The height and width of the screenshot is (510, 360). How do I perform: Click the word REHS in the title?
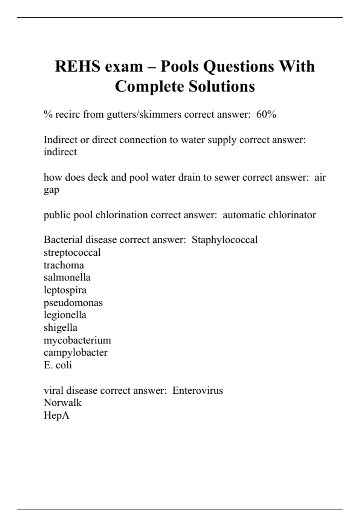point(78,66)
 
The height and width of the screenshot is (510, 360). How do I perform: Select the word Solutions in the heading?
point(222,86)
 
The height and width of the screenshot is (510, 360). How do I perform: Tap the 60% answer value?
point(266,114)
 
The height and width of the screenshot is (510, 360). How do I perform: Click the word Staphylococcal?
point(224,240)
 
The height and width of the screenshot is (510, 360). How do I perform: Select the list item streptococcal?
point(72,252)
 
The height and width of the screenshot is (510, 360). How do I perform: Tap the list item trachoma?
point(64,265)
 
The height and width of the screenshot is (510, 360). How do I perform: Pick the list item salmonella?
point(67,277)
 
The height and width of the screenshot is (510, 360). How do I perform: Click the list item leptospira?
point(65,290)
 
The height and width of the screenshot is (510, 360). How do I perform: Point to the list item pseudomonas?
point(73,302)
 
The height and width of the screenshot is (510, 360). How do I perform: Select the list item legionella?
point(65,315)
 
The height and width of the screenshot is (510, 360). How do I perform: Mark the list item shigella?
point(60,328)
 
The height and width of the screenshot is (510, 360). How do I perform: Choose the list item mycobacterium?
point(77,340)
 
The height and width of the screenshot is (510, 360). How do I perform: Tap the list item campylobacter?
point(75,352)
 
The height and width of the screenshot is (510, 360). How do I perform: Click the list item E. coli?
point(58,365)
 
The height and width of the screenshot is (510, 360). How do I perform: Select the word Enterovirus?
point(197,390)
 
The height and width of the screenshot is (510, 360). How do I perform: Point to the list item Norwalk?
point(62,403)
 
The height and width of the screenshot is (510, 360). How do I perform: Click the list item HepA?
point(56,415)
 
